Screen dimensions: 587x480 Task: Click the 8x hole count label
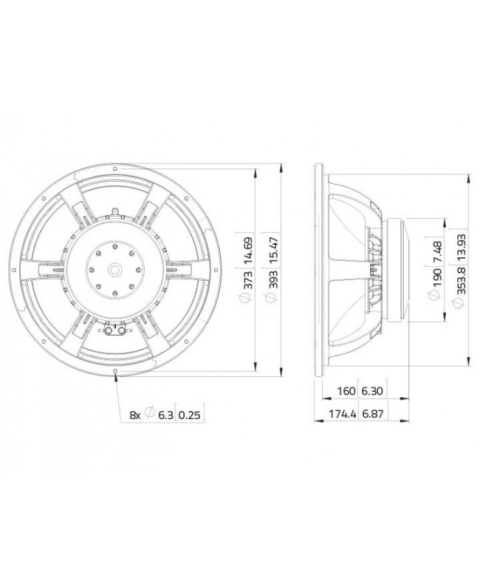(134, 414)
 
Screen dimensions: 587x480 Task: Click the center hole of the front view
(117, 269)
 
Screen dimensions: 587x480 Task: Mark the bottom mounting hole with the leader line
(117, 371)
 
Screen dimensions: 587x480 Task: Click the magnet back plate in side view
(405, 269)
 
